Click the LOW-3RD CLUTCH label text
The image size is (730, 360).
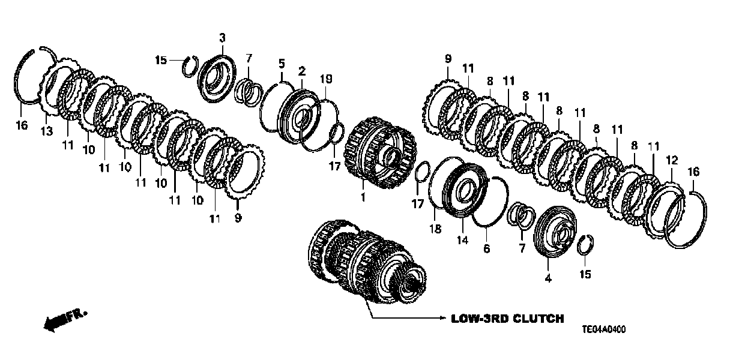507,319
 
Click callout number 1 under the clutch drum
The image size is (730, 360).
362,197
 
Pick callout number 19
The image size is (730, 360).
326,79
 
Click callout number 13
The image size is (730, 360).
47,131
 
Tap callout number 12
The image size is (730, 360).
672,160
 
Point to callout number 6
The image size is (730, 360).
487,247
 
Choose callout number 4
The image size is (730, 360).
547,278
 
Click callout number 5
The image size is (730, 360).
280,62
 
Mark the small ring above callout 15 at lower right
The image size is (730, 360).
586,246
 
